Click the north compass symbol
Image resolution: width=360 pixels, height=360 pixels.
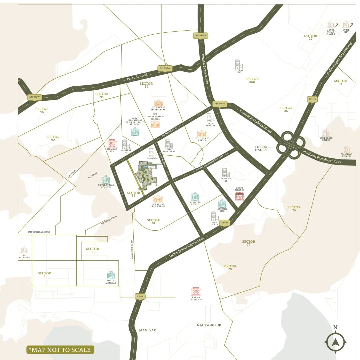(336, 342)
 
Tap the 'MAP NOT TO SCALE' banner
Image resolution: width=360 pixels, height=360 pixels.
(60, 350)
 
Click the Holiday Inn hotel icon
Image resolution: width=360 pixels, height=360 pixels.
(112, 144)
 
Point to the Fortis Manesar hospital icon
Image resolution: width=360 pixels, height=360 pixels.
(111, 275)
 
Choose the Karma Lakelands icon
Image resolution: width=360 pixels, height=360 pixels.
(196, 292)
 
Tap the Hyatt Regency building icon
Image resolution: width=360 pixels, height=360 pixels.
(239, 196)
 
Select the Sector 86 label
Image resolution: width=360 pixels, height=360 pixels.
(134, 195)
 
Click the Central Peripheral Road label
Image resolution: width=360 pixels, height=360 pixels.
(256, 120)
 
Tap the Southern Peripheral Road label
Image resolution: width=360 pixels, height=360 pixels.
(322, 157)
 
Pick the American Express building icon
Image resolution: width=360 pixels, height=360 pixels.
(347, 149)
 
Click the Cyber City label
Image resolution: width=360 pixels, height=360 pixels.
(346, 31)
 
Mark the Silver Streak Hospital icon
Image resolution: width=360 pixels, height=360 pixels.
(106, 179)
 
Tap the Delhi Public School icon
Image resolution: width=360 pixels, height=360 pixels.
(202, 134)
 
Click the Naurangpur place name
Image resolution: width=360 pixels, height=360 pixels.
(209, 325)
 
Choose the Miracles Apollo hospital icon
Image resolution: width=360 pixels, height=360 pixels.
(195, 197)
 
